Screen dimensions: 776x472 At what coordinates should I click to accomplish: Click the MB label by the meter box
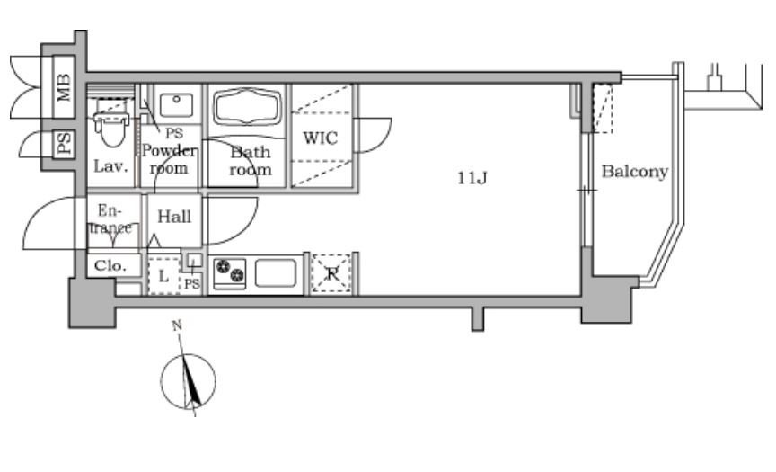pos(64,87)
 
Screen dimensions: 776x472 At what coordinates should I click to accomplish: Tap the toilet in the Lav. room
pos(112,123)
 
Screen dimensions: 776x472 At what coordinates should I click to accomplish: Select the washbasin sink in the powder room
pos(176,104)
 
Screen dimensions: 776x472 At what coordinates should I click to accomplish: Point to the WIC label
pos(321,138)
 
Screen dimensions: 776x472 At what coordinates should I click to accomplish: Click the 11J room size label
pos(472,177)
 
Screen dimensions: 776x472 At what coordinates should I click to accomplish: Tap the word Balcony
pos(635,172)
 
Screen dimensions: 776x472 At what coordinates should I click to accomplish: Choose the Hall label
pos(174,217)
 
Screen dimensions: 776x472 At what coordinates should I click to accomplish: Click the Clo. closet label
pos(110,266)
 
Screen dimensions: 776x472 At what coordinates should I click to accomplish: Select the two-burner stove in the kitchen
pos(230,273)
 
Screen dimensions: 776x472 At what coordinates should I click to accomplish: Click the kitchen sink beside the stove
pos(276,273)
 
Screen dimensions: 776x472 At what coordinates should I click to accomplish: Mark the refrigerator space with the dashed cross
pos(331,273)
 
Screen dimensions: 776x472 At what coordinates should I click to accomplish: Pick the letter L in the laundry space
pos(163,276)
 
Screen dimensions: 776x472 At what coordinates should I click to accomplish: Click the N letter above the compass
pos(177,325)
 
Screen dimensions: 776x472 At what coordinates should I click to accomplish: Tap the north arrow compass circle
pos(188,381)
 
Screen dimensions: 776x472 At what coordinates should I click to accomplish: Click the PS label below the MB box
pos(64,144)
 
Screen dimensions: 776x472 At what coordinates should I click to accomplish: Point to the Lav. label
pos(110,166)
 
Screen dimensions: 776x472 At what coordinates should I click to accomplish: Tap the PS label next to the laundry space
pos(192,284)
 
